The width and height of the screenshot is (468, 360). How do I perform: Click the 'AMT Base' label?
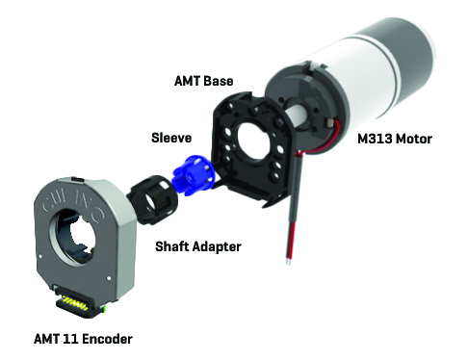pyautogui.click(x=203, y=81)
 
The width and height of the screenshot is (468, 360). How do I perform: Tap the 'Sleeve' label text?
pyautogui.click(x=171, y=138)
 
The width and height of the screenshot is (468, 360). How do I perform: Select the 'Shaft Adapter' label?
pyautogui.click(x=198, y=246)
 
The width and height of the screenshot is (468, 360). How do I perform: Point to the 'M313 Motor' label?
pyautogui.click(x=395, y=139)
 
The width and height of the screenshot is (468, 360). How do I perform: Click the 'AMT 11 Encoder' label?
pyautogui.click(x=83, y=339)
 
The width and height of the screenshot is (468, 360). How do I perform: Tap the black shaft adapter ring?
pyautogui.click(x=152, y=199)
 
